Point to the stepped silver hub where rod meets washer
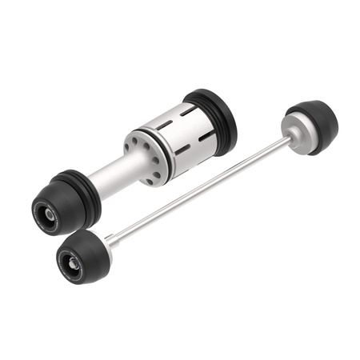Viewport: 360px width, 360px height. pyautogui.click(x=283, y=142)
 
